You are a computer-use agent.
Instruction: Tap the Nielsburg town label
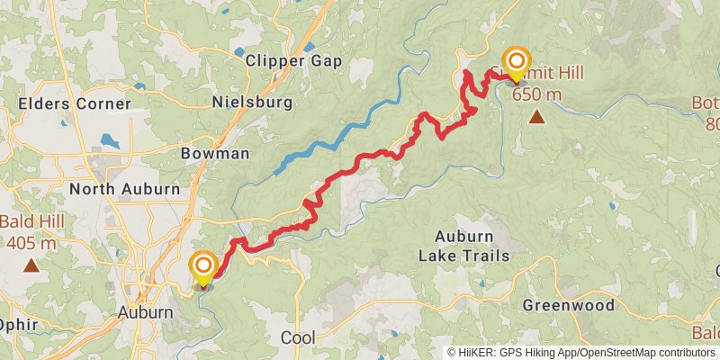tap(252, 103)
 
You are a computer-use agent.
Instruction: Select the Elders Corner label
tap(75, 103)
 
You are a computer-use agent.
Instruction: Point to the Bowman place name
tap(215, 153)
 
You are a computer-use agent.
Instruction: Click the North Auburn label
tap(124, 189)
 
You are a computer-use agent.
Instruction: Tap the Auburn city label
tap(145, 312)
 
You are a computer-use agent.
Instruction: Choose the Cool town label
tap(298, 337)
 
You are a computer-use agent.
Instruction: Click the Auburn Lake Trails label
tap(463, 246)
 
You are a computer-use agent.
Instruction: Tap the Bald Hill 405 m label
tap(29, 232)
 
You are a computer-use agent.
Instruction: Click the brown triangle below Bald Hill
tap(31, 265)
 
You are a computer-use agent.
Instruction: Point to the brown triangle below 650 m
tap(536, 116)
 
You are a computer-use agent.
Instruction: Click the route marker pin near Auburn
tap(203, 265)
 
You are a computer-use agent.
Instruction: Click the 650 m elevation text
tap(536, 94)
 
